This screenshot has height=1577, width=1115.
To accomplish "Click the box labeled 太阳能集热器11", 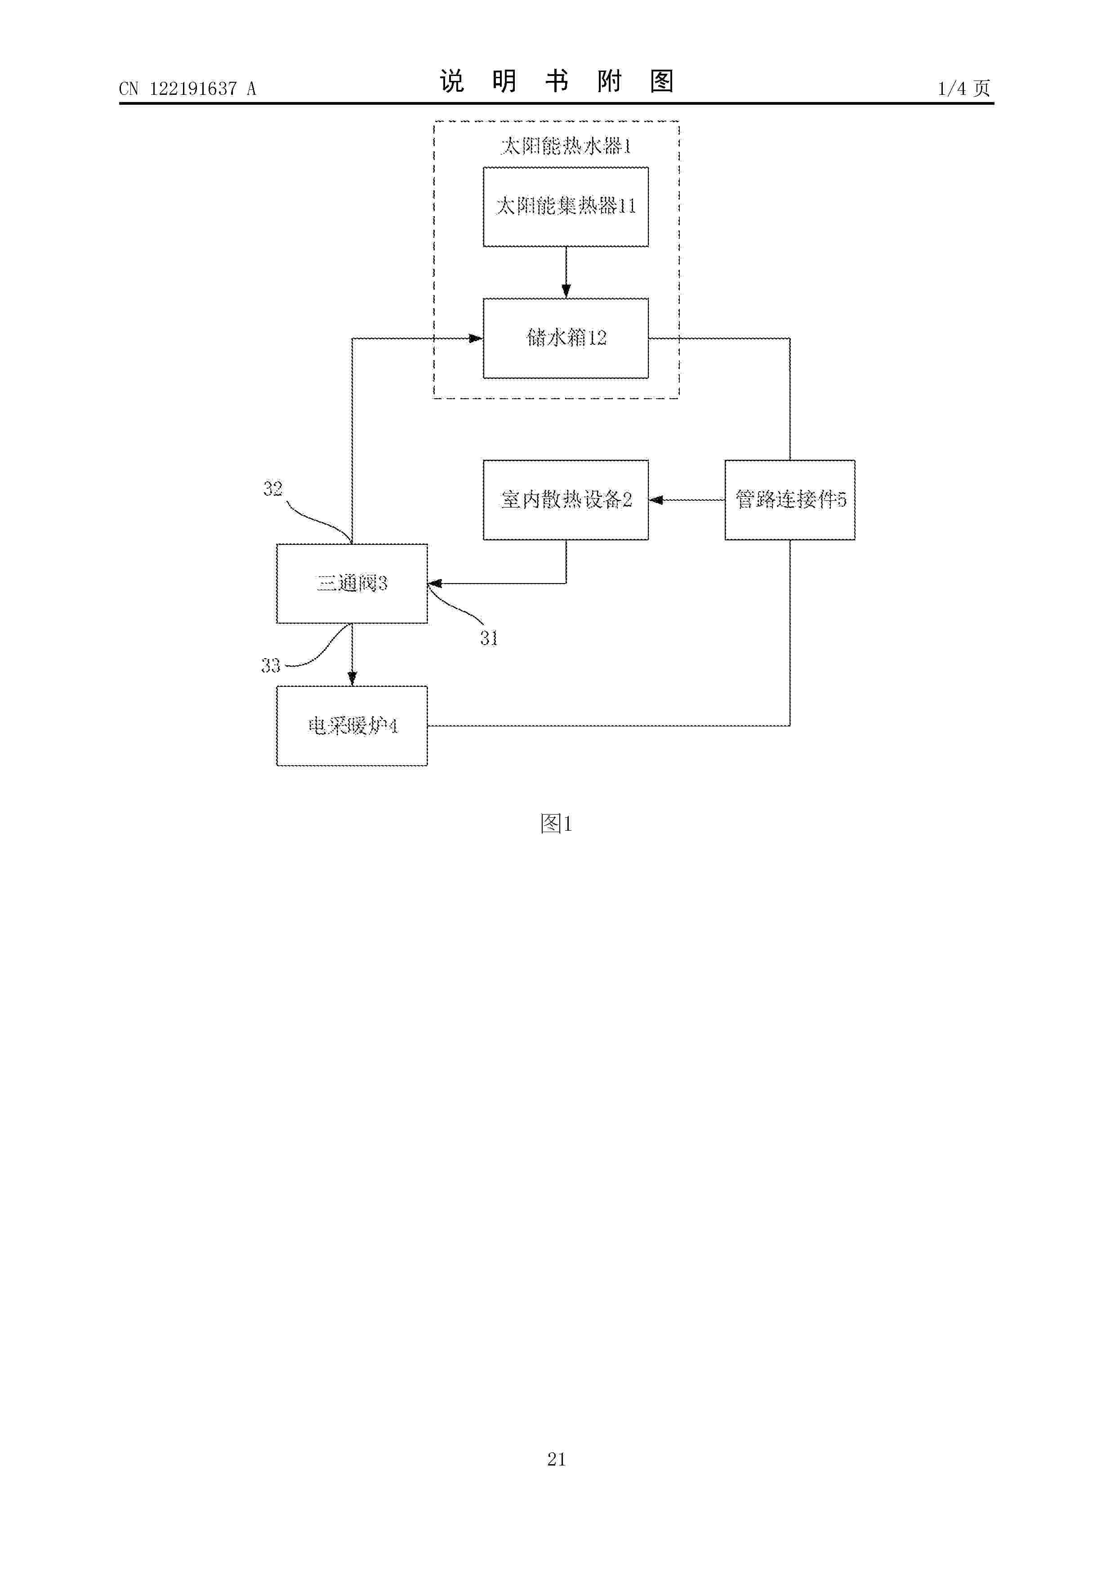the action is [x=566, y=207].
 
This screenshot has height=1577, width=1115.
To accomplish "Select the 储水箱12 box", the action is [x=566, y=338].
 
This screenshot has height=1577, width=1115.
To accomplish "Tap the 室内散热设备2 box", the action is [x=566, y=500].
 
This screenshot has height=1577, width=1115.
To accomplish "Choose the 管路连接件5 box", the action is [x=790, y=500].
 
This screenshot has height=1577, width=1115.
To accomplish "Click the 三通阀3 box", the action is [x=352, y=584].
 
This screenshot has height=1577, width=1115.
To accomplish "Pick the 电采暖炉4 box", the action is [x=352, y=726].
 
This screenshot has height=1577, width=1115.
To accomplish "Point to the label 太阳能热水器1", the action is [x=566, y=146].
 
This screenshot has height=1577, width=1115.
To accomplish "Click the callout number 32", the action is [x=273, y=488].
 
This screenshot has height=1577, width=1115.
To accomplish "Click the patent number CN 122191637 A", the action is [x=187, y=89].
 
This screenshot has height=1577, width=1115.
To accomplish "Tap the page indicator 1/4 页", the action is [x=964, y=88].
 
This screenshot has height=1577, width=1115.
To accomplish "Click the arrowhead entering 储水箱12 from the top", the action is [x=566, y=291].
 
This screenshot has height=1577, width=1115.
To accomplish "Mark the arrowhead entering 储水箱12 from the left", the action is [x=475, y=338].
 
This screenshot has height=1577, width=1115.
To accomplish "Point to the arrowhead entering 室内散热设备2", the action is [x=656, y=500].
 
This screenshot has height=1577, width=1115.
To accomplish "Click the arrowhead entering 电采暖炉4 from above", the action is [x=352, y=679].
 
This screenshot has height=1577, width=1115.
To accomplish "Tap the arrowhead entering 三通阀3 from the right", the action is [x=435, y=584].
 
